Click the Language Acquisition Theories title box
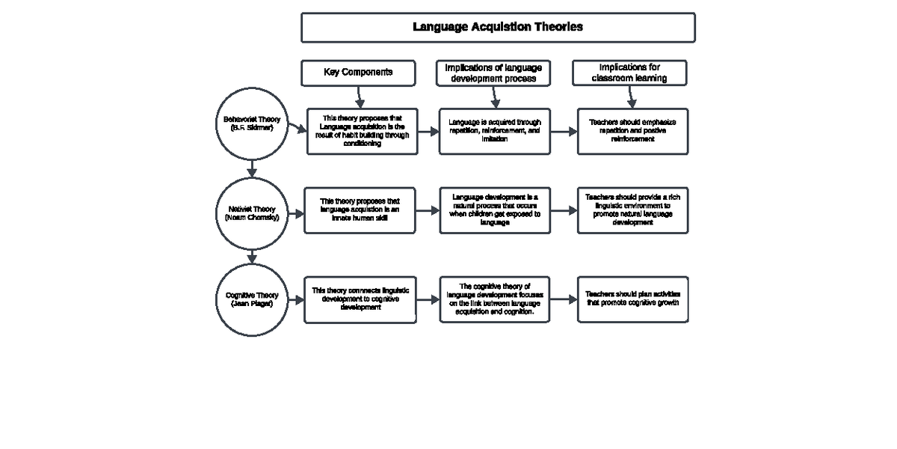pos(498,28)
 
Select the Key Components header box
pos(357,73)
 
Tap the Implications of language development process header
pos(493,73)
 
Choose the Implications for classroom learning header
pos(629,73)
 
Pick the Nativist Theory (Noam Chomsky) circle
pos(252,213)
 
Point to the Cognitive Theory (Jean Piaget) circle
pos(252,300)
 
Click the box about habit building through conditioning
pos(362,131)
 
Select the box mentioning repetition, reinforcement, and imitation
pos(494,131)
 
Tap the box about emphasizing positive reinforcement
pos(632,131)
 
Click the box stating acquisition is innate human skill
pos(360,210)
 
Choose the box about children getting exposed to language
pos(494,210)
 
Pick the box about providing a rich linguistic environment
pos(632,210)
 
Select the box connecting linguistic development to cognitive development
pos(360,299)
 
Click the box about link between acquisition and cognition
pos(494,299)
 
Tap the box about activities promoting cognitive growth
pos(632,299)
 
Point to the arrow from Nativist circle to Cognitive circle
pos(252,257)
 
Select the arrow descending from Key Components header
pos(360,97)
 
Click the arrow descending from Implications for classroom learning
pos(632,97)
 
